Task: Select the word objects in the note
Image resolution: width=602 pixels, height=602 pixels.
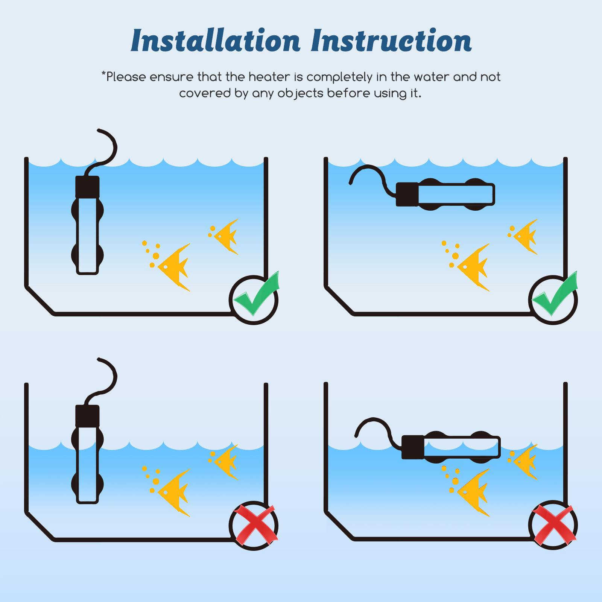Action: click(x=300, y=94)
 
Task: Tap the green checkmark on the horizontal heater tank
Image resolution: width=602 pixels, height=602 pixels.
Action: click(x=555, y=293)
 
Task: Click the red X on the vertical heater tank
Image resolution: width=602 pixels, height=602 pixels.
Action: click(x=255, y=525)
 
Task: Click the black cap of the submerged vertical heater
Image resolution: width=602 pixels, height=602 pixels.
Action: click(x=87, y=187)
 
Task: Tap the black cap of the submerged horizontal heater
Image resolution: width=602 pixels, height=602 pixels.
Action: click(x=407, y=195)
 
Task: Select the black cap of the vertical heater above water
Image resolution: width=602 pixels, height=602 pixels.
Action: click(x=87, y=416)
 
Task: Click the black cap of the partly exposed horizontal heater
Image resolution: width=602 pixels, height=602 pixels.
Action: click(x=413, y=447)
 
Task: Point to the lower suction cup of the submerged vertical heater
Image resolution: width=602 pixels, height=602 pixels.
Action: click(x=87, y=255)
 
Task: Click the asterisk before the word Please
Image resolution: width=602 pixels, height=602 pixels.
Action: click(x=103, y=73)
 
